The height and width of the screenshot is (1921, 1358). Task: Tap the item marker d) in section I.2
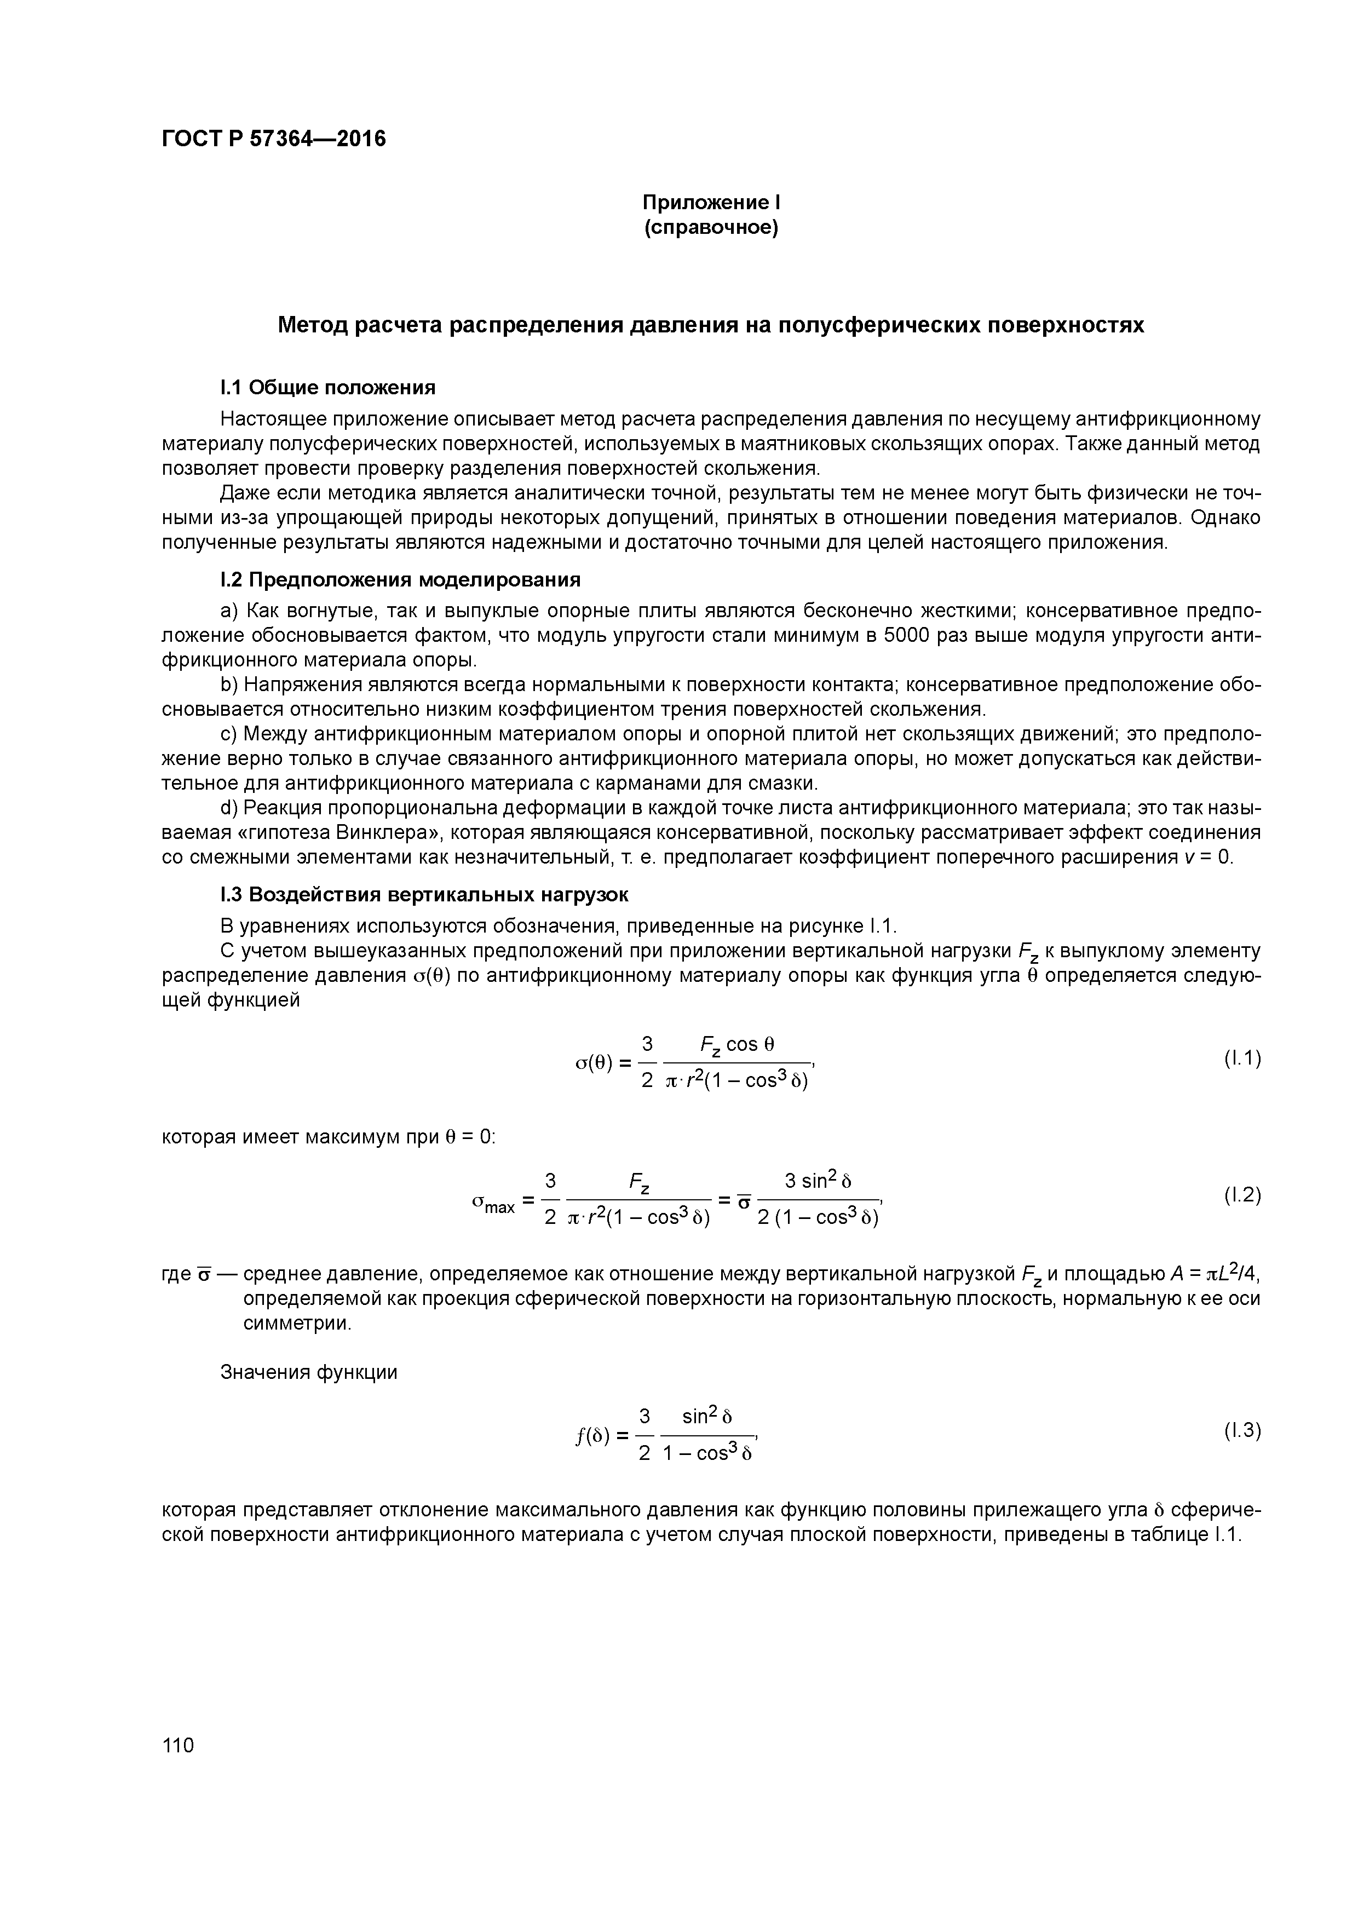[229, 808]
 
